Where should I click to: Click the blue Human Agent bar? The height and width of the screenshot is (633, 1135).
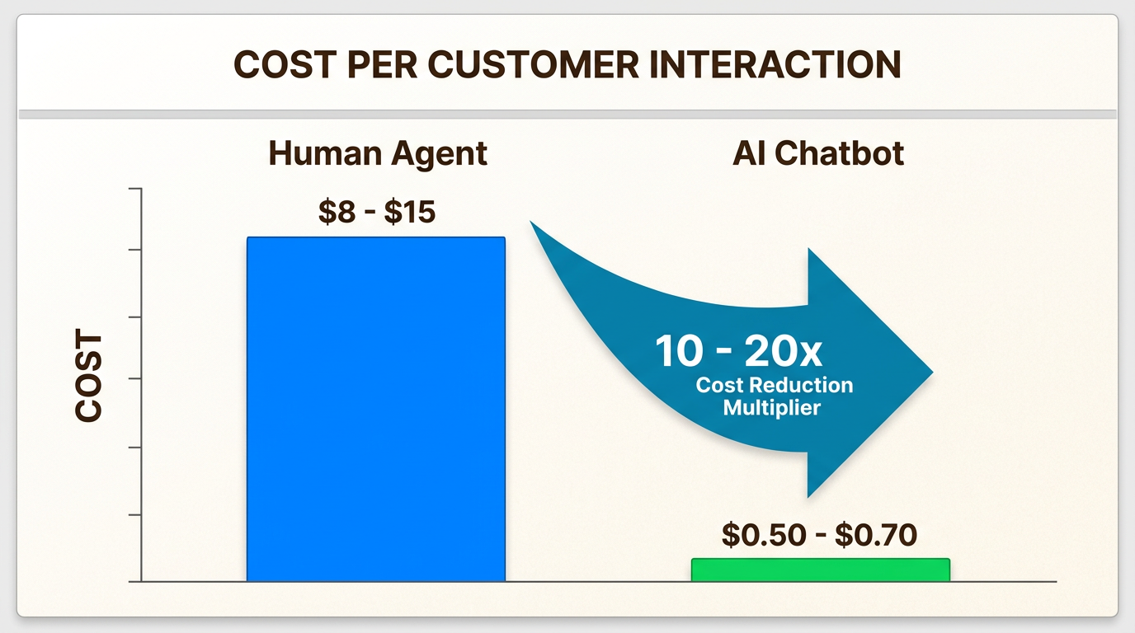(x=376, y=409)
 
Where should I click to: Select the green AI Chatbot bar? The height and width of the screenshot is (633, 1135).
(x=821, y=570)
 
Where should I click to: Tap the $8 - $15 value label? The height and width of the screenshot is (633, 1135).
(x=377, y=212)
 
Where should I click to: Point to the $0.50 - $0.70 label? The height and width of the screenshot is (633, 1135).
(x=819, y=535)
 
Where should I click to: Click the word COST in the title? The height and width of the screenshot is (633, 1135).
(x=285, y=64)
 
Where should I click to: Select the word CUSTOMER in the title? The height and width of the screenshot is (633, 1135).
(x=534, y=64)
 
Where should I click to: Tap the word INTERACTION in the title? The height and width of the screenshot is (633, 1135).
(x=775, y=64)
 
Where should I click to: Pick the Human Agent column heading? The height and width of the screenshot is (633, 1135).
(x=378, y=154)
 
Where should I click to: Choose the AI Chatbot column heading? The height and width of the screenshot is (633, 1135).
(x=818, y=153)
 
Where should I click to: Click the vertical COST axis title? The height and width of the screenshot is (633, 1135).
(x=89, y=375)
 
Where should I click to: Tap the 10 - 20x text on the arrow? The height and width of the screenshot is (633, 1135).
(x=738, y=351)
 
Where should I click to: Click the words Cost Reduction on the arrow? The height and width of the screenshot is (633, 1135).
(x=775, y=386)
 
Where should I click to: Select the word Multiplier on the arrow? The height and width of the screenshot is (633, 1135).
(x=772, y=408)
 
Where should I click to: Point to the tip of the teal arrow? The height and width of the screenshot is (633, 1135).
(x=933, y=373)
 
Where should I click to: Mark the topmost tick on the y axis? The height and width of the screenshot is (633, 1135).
(x=135, y=189)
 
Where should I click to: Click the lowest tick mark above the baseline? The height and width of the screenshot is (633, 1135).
(x=135, y=515)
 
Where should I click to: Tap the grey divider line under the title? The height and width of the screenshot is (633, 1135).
(x=567, y=115)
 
